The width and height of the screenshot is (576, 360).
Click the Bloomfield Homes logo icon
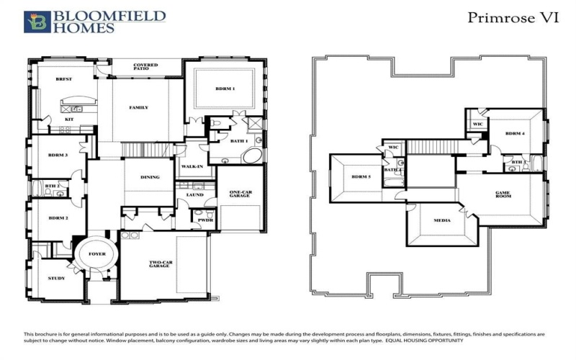[37, 22]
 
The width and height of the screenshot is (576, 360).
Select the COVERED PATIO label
[145, 68]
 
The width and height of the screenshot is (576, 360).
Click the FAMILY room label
[138, 107]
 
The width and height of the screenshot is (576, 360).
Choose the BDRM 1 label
[225, 89]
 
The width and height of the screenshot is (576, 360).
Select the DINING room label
[150, 176]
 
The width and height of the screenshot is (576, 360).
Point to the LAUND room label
[194, 195]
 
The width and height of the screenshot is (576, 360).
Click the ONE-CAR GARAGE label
[239, 194]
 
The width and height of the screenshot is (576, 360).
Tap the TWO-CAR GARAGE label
[159, 264]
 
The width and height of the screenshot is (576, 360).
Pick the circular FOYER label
[96, 254]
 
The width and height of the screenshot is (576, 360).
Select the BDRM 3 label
[58, 155]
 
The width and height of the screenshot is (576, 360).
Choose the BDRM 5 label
[360, 176]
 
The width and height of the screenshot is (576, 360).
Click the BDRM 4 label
[514, 134]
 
